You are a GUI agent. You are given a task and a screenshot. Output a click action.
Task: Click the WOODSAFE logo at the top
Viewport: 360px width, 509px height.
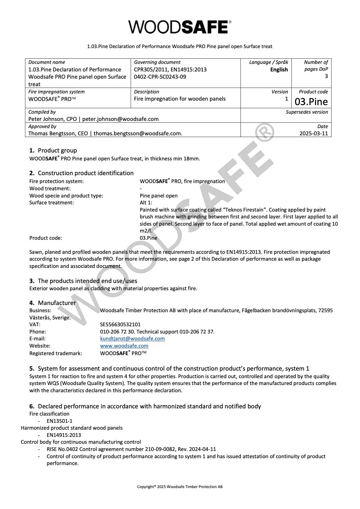click(180, 27)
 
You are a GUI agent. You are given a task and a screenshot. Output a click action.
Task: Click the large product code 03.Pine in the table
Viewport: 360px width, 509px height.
click(311, 102)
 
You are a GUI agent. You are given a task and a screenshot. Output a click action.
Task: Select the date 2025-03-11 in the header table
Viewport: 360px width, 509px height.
click(314, 133)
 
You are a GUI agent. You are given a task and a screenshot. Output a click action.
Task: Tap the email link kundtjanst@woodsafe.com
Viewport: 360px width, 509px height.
click(132, 339)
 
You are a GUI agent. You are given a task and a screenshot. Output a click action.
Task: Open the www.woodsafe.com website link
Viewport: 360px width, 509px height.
click(124, 346)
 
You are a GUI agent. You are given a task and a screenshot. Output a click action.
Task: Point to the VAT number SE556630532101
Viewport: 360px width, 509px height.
click(120, 325)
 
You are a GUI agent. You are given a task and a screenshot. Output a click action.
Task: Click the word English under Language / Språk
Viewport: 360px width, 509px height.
click(279, 70)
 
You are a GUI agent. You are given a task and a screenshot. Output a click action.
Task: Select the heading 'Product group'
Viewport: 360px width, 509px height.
click(57, 150)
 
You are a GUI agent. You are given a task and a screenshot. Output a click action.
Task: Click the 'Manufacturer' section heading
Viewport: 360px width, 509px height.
click(57, 303)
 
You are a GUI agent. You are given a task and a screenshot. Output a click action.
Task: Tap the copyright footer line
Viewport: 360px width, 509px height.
click(180, 487)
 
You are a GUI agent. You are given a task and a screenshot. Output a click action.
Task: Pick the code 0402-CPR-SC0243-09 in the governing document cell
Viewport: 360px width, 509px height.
click(160, 77)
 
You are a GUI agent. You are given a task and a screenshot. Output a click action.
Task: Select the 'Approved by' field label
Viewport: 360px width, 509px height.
click(42, 126)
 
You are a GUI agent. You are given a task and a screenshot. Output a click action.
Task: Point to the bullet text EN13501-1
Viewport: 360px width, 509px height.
click(59, 421)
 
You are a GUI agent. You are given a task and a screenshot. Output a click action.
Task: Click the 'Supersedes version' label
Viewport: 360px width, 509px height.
click(307, 112)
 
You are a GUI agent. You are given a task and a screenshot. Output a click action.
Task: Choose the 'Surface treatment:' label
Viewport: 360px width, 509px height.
click(52, 203)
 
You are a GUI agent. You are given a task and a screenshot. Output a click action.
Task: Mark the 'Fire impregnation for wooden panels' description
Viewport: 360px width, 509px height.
click(180, 99)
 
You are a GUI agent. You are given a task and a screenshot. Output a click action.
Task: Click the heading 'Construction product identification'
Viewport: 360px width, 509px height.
click(86, 173)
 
